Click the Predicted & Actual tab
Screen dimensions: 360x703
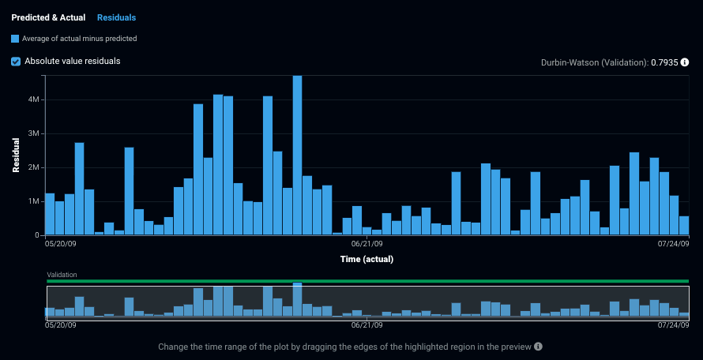pos(48,17)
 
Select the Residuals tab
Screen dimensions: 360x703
pos(116,17)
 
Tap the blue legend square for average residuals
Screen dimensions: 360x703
pos(15,38)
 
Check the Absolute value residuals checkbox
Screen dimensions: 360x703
pos(16,61)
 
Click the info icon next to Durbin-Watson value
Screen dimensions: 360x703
pos(685,62)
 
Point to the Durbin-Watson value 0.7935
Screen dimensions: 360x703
pos(664,62)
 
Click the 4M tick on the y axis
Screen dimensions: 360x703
pos(34,100)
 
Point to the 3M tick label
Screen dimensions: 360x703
pos(34,134)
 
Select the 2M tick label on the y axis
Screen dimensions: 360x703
pos(34,168)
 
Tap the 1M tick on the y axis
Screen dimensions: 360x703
pos(34,202)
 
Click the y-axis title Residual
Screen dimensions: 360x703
pos(16,155)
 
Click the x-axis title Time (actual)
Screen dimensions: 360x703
pos(367,259)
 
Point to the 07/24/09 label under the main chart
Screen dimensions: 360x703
pos(674,245)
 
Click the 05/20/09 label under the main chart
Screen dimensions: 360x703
pos(62,245)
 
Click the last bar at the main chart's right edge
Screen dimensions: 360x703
pos(684,226)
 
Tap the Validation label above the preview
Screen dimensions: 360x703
pos(62,275)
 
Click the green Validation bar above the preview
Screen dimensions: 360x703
pos(367,281)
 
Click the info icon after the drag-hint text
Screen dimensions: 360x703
pos(538,347)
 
